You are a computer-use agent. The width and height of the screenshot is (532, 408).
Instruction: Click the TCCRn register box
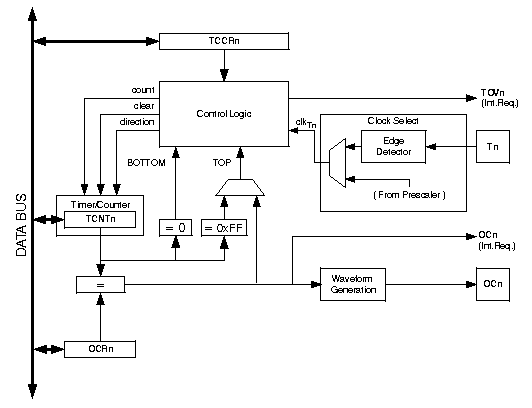point(224,41)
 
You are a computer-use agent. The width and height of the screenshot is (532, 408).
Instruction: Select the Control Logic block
point(224,114)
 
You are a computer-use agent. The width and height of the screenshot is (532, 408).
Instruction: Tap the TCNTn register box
point(100,219)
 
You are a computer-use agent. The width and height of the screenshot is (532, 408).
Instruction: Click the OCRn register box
point(100,349)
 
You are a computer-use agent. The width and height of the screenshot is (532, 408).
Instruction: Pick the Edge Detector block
point(393,147)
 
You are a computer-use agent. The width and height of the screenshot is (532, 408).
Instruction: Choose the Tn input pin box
point(493,147)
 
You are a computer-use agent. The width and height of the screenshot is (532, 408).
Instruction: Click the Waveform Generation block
point(353,284)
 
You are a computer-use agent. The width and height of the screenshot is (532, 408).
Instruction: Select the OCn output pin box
point(493,284)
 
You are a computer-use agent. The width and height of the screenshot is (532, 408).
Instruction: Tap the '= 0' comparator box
point(175,228)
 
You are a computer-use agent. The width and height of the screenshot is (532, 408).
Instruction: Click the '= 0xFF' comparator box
point(224,228)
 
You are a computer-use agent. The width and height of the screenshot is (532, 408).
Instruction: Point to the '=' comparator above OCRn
point(100,285)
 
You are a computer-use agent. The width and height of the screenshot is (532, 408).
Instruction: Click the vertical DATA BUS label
point(21,225)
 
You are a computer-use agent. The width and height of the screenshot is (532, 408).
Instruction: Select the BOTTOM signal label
point(146,163)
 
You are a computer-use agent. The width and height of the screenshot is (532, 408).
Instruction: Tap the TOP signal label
point(222,163)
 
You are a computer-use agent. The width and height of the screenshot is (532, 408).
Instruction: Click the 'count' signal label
point(143,90)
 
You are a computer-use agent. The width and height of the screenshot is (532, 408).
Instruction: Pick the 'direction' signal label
point(137,122)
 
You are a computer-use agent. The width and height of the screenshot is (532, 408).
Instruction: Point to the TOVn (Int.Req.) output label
point(499,98)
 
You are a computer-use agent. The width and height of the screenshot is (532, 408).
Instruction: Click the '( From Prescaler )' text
point(409,195)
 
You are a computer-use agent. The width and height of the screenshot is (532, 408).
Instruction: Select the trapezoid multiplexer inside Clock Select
point(338,163)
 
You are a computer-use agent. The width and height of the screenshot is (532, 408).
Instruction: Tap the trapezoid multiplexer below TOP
point(240,187)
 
